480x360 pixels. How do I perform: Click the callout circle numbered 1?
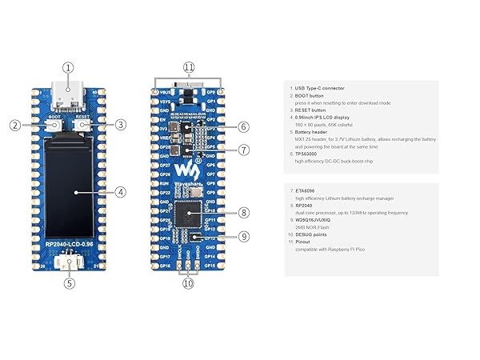tap(69, 69)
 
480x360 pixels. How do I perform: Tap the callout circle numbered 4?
tap(120, 192)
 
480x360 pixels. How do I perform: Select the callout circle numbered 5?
tap(69, 282)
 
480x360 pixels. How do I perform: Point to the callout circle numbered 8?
tap(244, 213)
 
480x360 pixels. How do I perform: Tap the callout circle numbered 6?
tap(244, 126)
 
